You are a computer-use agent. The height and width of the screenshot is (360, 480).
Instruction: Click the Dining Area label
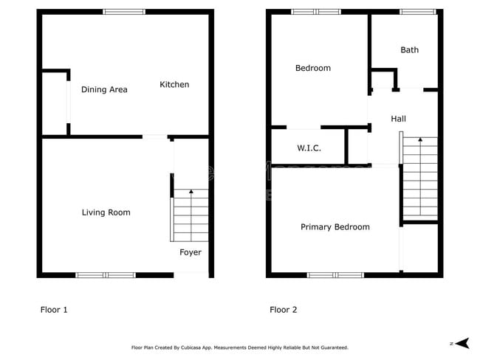tap(104, 90)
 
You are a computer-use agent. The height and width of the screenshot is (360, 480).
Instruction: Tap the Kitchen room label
tap(174, 85)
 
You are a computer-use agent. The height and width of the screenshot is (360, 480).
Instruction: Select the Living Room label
tap(106, 212)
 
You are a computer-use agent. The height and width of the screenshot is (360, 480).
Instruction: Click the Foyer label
tap(191, 252)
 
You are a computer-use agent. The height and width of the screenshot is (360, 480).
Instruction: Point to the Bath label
tap(409, 50)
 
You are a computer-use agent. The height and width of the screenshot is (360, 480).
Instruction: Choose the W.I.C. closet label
tap(309, 148)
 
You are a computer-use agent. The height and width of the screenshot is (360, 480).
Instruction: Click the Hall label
tap(398, 119)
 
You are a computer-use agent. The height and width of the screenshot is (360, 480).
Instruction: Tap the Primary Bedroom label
tap(335, 227)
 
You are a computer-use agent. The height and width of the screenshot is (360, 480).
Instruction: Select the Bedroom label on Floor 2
tap(312, 69)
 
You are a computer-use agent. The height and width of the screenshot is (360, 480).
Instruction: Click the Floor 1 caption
tap(54, 310)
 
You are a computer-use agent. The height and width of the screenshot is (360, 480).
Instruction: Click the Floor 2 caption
tap(284, 310)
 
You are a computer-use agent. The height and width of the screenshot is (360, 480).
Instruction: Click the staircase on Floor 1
tap(191, 215)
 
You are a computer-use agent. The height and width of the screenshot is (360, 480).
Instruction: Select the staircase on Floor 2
tap(420, 177)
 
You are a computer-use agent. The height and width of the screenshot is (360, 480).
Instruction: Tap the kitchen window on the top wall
tap(123, 12)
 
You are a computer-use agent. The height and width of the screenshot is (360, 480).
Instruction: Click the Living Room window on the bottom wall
tap(106, 275)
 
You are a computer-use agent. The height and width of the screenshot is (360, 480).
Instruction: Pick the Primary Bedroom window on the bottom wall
tap(335, 275)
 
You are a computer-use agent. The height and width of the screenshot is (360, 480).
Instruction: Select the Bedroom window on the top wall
tap(316, 12)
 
